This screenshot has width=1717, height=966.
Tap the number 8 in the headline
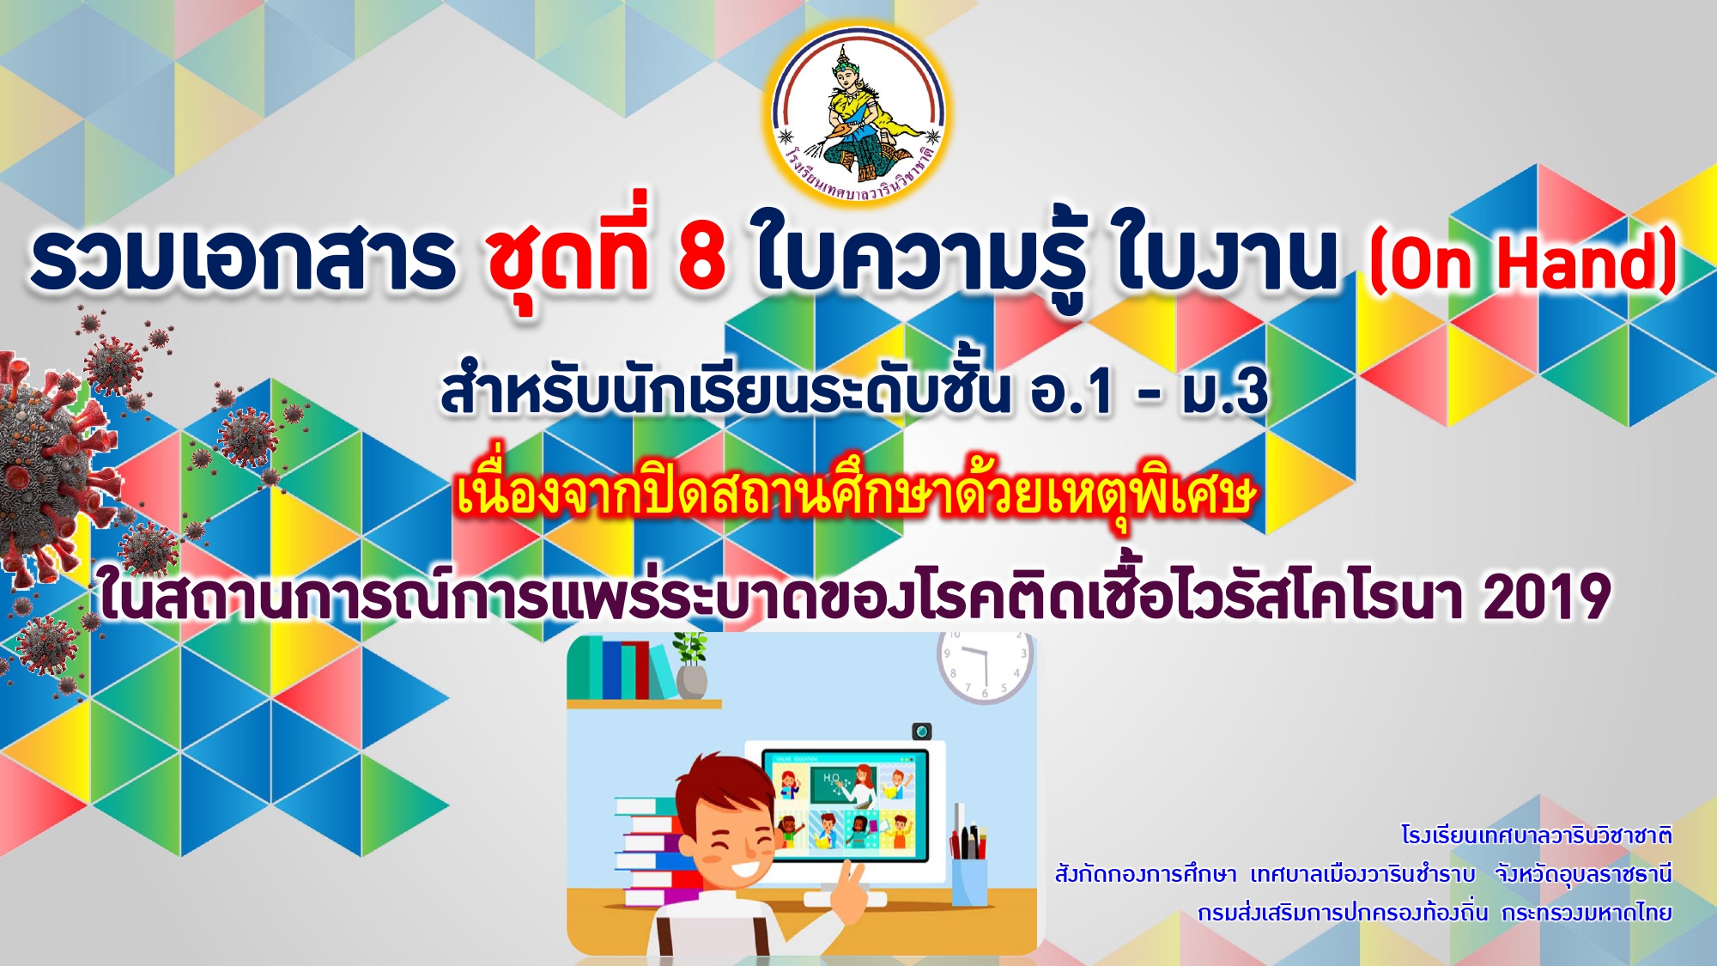point(701,257)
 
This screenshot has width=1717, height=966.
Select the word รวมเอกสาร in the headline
point(242,257)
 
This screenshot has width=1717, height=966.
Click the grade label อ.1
point(1072,392)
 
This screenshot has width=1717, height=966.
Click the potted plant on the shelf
point(690,666)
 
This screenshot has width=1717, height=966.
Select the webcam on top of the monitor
point(921,732)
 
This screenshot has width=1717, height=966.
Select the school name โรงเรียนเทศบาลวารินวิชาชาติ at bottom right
point(1537,835)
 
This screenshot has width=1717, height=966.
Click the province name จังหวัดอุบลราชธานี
point(1583,874)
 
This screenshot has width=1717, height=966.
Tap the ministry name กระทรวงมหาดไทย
point(1587,912)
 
